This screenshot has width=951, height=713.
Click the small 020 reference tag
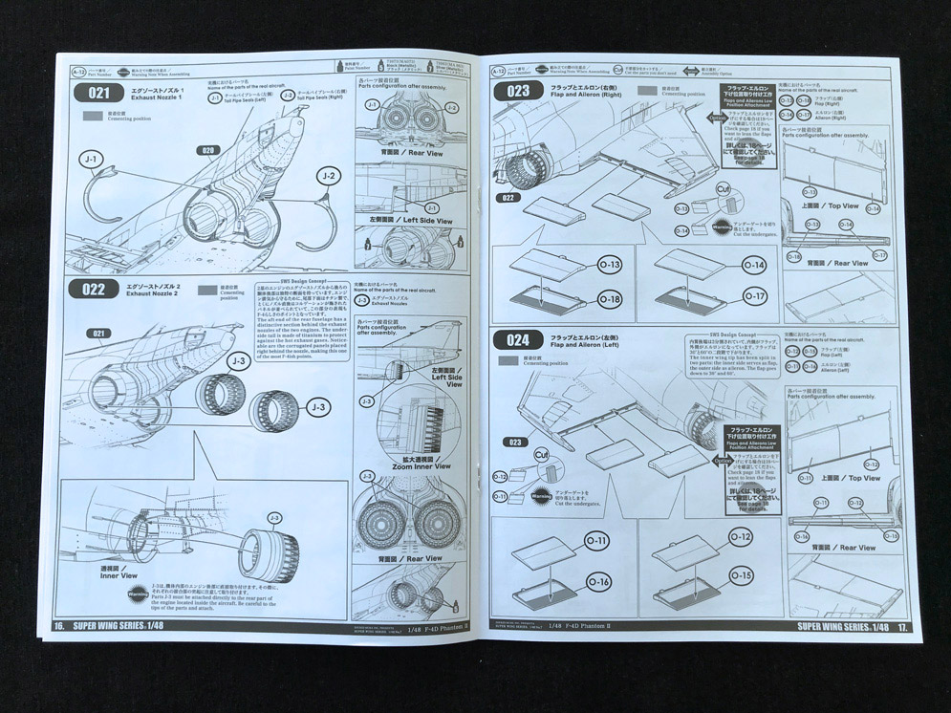pyautogui.click(x=207, y=150)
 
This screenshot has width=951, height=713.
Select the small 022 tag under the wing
pyautogui.click(x=509, y=198)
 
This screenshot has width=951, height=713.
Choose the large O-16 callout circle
pyautogui.click(x=599, y=581)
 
